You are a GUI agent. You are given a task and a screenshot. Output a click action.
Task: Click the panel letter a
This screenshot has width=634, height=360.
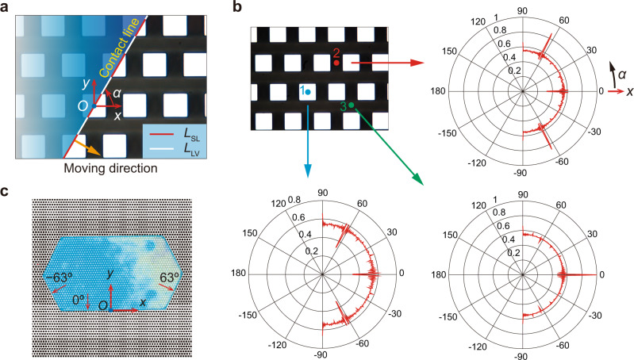(x=6, y=8)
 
